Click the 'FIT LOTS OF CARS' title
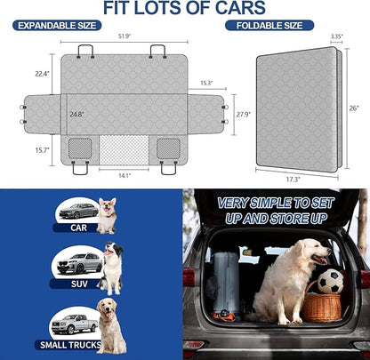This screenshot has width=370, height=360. click(184, 9)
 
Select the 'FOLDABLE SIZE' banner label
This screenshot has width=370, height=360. click(269, 26)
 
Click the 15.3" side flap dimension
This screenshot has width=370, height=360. click(206, 84)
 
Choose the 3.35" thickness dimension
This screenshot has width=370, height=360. click(335, 36)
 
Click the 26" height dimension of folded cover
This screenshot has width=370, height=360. click(355, 108)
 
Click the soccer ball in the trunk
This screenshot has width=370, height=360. click(330, 282)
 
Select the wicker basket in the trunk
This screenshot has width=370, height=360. click(321, 306)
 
